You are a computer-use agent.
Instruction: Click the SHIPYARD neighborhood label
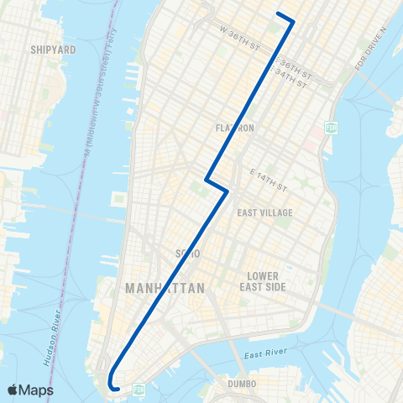(53, 50)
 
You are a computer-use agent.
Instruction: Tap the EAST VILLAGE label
(265, 212)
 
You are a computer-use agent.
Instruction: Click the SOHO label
(186, 253)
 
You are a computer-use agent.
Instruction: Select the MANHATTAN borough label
(165, 288)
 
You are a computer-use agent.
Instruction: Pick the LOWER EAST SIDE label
(268, 281)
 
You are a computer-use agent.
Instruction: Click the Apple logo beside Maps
(14, 390)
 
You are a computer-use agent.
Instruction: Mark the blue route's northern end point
(278, 13)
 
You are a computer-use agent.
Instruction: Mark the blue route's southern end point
(118, 388)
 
